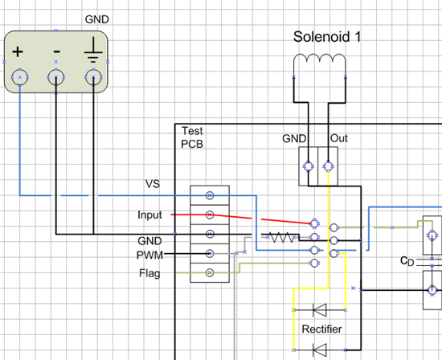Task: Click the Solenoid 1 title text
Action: [x=327, y=37]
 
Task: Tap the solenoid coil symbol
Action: [x=320, y=56]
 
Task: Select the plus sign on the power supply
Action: [x=18, y=52]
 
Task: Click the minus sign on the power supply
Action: [x=57, y=51]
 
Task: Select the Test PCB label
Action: [x=192, y=137]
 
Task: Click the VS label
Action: [x=153, y=184]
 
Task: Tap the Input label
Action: [x=149, y=215]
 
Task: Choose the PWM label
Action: [x=149, y=255]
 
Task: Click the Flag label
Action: [x=149, y=273]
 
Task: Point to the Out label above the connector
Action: [x=339, y=138]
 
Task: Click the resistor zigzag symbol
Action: [x=282, y=237]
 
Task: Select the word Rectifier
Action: [x=321, y=329]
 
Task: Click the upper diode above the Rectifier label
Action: [x=320, y=310]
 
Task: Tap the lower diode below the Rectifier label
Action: [x=320, y=350]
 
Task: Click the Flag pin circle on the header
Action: [x=210, y=272]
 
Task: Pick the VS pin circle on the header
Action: [x=210, y=195]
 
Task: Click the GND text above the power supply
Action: [x=96, y=19]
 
